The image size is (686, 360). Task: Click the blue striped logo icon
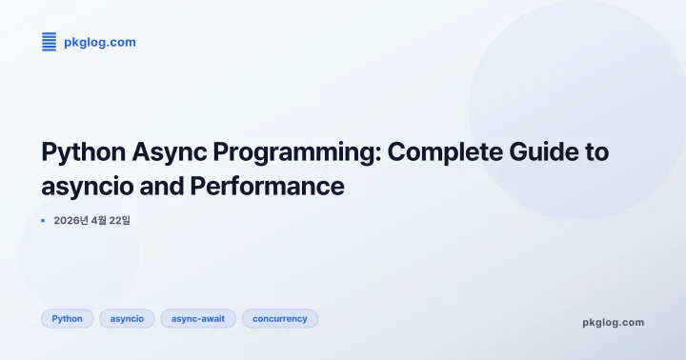click(x=50, y=42)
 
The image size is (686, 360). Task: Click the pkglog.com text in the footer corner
click(x=613, y=322)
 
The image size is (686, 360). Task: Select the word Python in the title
click(x=80, y=151)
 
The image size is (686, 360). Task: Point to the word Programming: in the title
click(x=292, y=151)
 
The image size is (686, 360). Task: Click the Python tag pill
click(x=67, y=319)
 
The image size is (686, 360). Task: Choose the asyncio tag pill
click(x=127, y=319)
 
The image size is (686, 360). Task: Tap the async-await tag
click(x=198, y=319)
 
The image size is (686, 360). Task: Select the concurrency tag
click(x=280, y=319)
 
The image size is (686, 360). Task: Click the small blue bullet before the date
click(x=43, y=220)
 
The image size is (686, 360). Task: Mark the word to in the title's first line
click(x=595, y=151)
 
